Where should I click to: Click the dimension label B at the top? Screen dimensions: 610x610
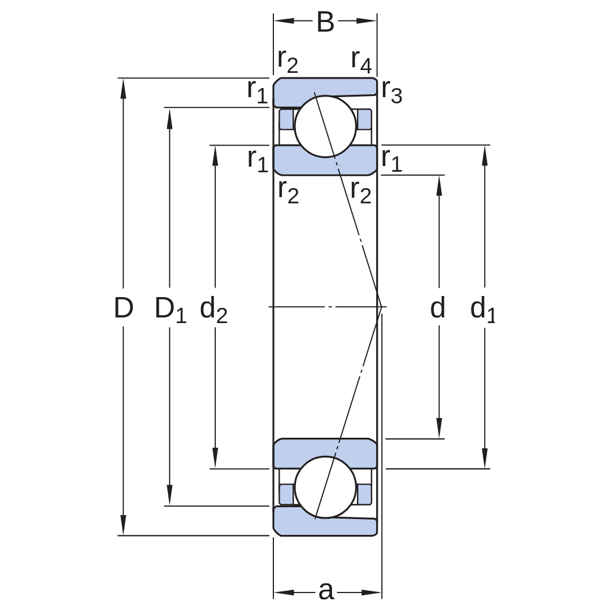pyautogui.click(x=325, y=22)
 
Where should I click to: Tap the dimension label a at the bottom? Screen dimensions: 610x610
pyautogui.click(x=326, y=591)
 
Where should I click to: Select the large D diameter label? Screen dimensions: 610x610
pyautogui.click(x=124, y=308)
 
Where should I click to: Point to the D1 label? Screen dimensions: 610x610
pyautogui.click(x=171, y=310)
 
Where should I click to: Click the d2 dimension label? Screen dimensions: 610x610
pyautogui.click(x=213, y=310)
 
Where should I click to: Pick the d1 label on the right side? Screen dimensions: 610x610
pyautogui.click(x=482, y=310)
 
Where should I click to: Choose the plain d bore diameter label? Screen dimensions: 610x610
pyautogui.click(x=437, y=308)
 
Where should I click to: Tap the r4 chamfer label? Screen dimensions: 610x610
pyautogui.click(x=361, y=62)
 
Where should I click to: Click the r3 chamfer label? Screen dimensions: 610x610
pyautogui.click(x=391, y=92)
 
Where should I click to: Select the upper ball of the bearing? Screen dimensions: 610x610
pyautogui.click(x=325, y=127)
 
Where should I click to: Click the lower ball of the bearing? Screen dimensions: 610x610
pyautogui.click(x=325, y=487)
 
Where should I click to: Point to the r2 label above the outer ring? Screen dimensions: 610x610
pyautogui.click(x=288, y=62)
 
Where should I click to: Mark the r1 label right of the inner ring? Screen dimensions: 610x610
pyautogui.click(x=391, y=160)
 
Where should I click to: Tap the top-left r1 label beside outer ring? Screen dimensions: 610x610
pyautogui.click(x=258, y=92)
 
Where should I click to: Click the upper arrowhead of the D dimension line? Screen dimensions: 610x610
pyautogui.click(x=123, y=88)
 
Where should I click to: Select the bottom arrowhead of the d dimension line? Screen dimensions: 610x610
pyautogui.click(x=439, y=428)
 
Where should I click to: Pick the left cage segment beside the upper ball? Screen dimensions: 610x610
pyautogui.click(x=287, y=119)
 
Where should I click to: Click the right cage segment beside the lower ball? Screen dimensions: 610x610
pyautogui.click(x=364, y=494)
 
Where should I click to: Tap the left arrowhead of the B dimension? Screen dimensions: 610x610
pyautogui.click(x=284, y=21)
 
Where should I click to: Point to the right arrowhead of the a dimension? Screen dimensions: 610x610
pyautogui.click(x=371, y=592)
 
